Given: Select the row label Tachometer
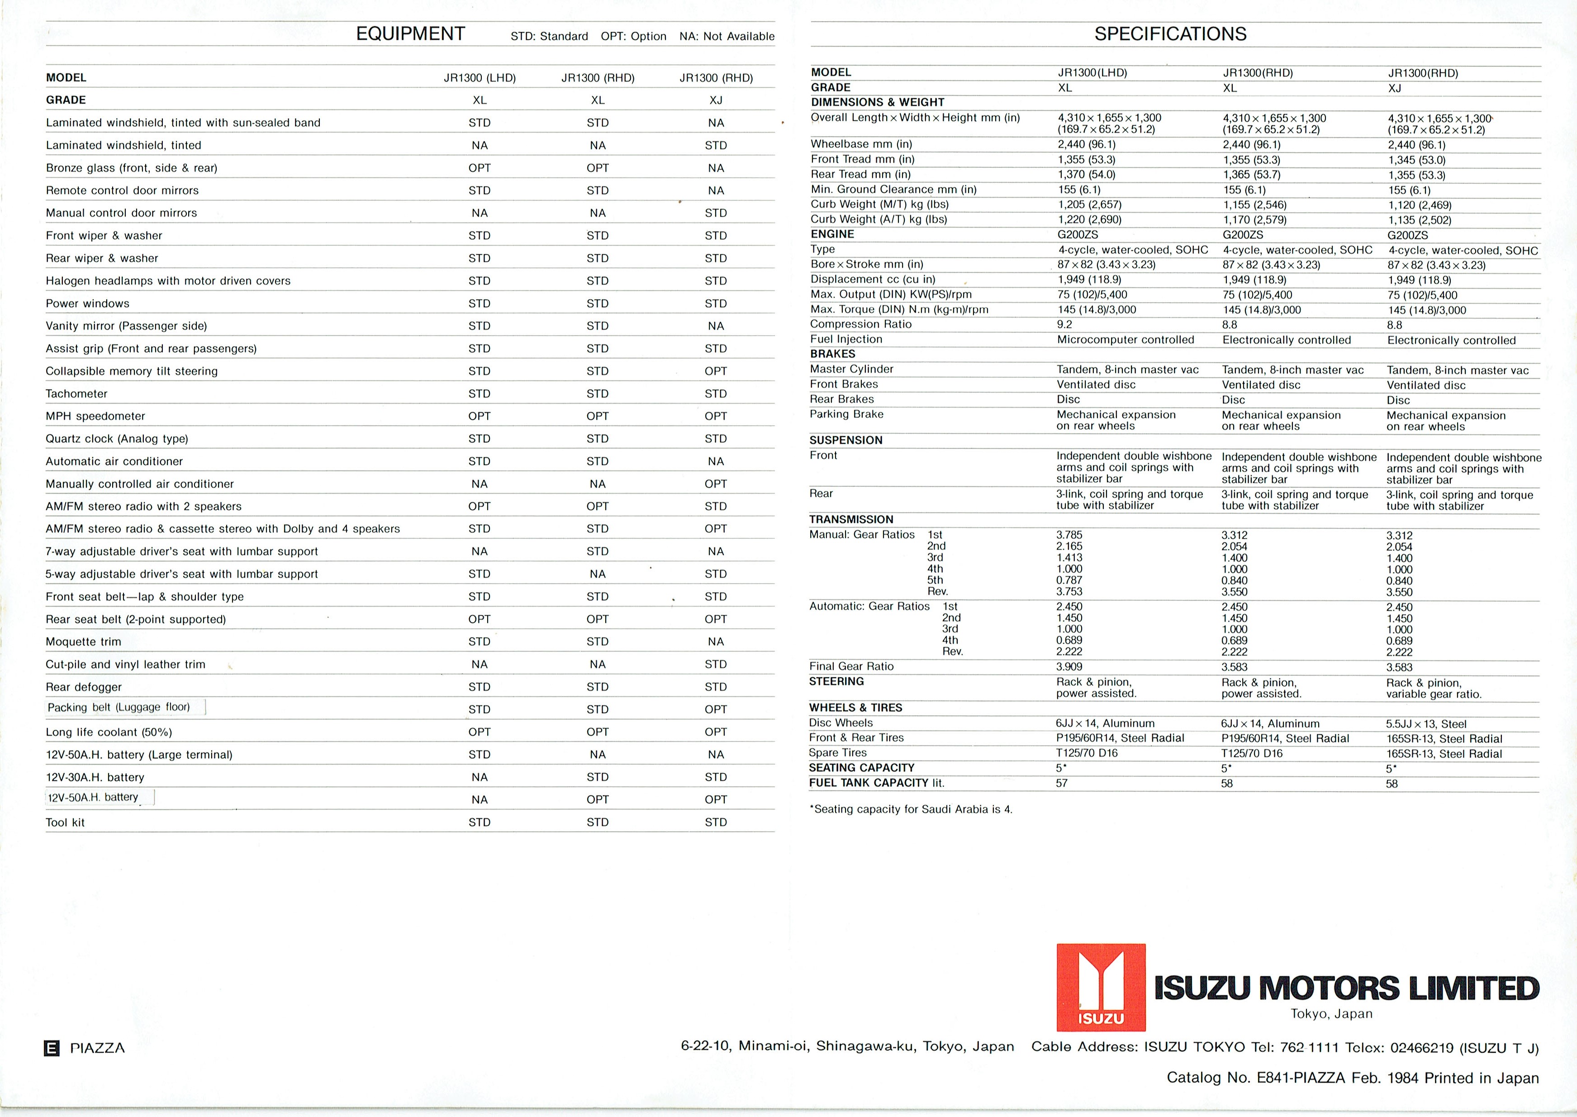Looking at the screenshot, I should coord(76,394).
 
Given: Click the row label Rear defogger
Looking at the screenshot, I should coord(83,686).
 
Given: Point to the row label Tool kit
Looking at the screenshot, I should coord(65,822).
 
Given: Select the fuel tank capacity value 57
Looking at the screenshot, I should coord(1062,783).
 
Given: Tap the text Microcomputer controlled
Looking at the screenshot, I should coord(1125,340).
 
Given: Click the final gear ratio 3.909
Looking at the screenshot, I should coord(1069,666).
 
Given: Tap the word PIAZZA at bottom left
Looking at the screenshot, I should coord(98,1048).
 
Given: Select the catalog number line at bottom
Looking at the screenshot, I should coord(1352,1078).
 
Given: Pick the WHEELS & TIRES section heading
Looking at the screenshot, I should coord(855,708).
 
